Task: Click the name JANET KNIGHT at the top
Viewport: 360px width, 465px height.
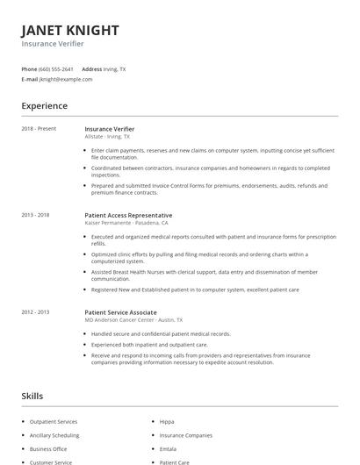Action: click(70, 31)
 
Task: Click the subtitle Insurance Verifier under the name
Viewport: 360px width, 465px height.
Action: click(53, 44)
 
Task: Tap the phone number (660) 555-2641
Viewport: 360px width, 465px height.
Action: click(56, 68)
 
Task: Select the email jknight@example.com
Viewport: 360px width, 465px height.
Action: click(66, 79)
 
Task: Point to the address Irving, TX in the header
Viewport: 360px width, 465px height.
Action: click(115, 68)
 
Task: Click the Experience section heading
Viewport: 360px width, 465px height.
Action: click(45, 106)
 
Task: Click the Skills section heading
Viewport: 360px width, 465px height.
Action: click(32, 397)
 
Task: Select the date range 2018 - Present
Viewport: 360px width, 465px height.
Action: click(40, 129)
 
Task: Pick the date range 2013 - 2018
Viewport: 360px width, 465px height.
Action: click(36, 215)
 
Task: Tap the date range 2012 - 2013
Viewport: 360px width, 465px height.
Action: click(36, 312)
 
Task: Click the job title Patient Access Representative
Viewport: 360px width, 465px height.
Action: click(128, 215)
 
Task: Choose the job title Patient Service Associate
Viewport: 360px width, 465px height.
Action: click(120, 312)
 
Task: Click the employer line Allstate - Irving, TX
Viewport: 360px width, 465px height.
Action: click(107, 137)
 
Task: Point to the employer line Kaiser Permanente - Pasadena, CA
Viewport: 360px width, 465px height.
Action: click(126, 223)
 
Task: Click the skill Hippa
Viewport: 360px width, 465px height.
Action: click(167, 422)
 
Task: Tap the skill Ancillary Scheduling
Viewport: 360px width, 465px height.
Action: click(54, 435)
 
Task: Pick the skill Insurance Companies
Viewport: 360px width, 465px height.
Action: click(186, 435)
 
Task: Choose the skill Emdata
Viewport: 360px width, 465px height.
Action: click(169, 448)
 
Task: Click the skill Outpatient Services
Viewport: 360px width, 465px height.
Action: click(54, 422)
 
